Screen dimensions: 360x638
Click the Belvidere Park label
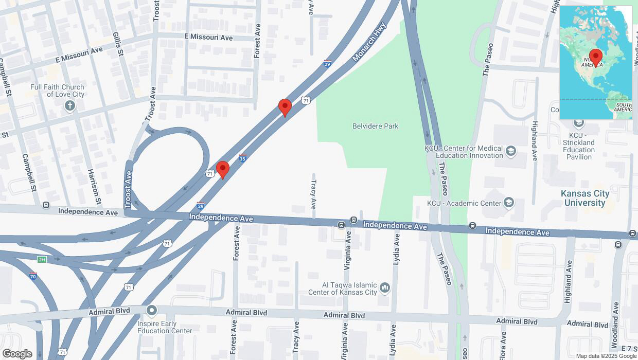click(x=375, y=126)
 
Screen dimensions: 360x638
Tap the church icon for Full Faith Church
click(x=70, y=106)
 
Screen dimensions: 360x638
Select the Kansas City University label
click(x=585, y=198)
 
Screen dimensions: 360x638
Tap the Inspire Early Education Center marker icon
click(x=151, y=310)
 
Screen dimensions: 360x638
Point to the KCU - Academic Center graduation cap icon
click(x=509, y=203)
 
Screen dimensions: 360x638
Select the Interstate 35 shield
click(x=242, y=158)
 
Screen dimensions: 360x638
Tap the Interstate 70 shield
click(x=33, y=276)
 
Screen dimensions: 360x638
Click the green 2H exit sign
click(x=42, y=260)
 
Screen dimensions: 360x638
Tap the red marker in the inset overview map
click(x=596, y=57)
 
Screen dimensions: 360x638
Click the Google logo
click(x=17, y=354)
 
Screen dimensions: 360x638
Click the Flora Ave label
click(x=503, y=345)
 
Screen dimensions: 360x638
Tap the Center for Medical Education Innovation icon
click(x=510, y=151)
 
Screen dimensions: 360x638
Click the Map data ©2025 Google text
click(x=606, y=356)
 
